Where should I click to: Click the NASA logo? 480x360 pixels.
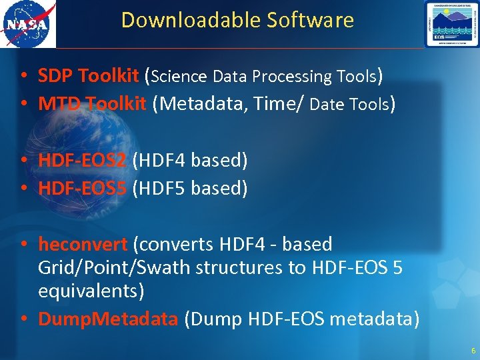tap(28, 25)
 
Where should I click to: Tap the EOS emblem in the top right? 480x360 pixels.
tap(451, 24)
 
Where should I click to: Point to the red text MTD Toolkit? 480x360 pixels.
tap(92, 104)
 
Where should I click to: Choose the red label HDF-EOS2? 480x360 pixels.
tap(82, 160)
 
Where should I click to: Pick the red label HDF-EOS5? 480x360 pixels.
tap(82, 188)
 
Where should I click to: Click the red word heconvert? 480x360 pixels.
tap(82, 244)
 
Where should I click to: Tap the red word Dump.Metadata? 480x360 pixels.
tap(108, 319)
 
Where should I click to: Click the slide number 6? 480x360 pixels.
tap(473, 351)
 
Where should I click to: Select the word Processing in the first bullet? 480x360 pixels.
tap(293, 77)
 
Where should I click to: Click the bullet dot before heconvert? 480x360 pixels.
tap(23, 245)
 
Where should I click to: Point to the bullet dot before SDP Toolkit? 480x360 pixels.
tap(23, 77)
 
